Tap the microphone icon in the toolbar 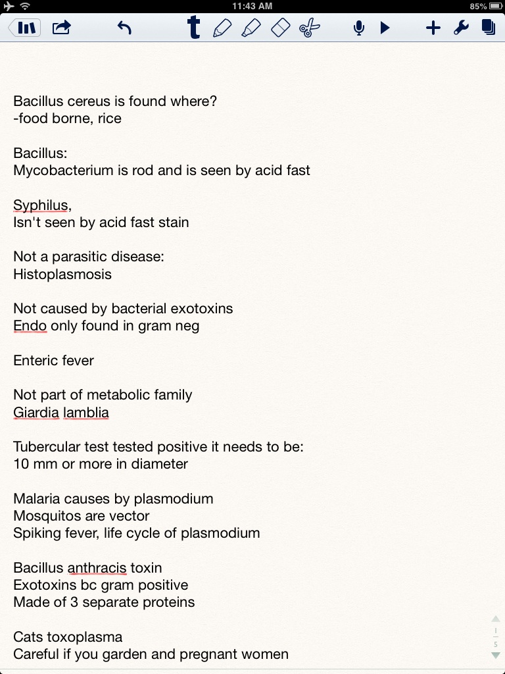359,28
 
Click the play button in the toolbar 385,28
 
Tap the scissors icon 309,28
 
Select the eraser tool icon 280,28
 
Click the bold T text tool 193,28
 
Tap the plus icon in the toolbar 433,28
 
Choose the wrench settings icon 461,28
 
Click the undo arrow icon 124,28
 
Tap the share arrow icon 62,28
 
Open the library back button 24,28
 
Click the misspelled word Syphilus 40,205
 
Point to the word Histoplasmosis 62,274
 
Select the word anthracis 97,567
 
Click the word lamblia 86,413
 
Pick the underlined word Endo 30,326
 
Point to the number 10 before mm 20,464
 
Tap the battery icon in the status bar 496,6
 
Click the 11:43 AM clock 252,6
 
